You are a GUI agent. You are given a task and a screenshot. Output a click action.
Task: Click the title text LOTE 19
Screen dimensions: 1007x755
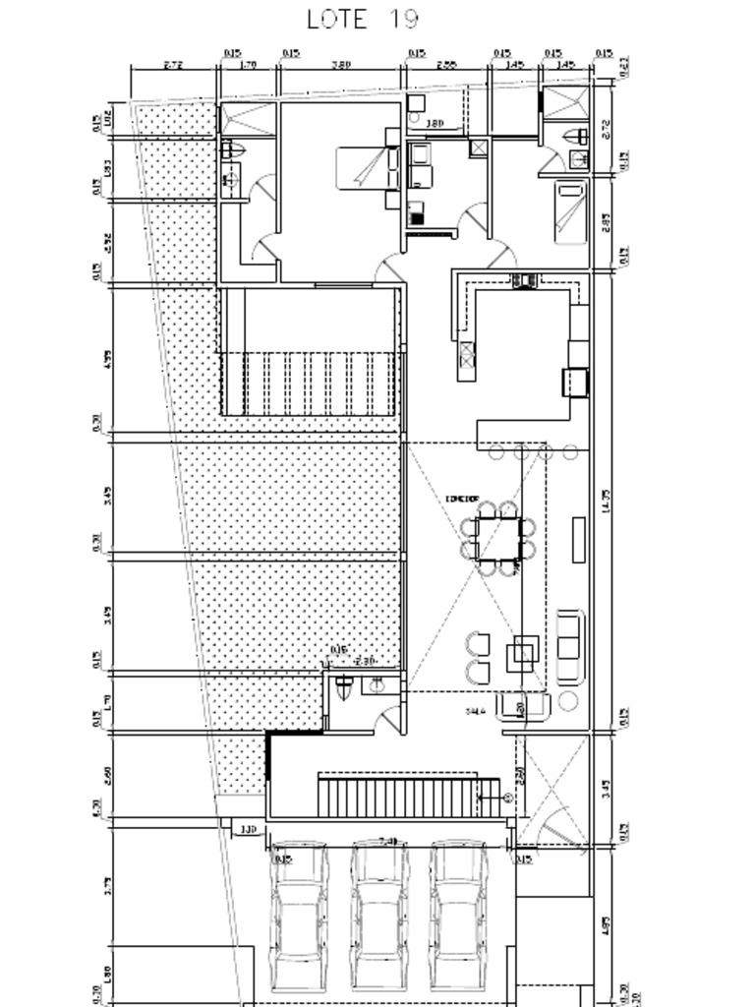363,19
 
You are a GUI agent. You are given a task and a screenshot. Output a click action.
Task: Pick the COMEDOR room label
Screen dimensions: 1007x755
461,499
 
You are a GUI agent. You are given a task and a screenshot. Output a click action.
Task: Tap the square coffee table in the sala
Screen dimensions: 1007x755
522,652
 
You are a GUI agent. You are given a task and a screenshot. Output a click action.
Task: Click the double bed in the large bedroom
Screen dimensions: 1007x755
369,167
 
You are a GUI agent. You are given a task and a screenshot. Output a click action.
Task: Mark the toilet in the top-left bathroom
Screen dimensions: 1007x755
233,150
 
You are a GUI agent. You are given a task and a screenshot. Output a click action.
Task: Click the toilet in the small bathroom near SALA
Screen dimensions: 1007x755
343,687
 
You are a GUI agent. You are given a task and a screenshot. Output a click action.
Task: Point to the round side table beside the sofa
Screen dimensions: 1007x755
569,701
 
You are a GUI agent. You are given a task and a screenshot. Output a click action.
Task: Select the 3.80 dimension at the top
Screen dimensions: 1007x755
341,65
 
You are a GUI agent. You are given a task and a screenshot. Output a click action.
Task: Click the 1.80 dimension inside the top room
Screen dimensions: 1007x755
435,123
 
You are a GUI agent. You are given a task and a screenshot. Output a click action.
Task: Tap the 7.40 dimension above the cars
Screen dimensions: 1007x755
389,842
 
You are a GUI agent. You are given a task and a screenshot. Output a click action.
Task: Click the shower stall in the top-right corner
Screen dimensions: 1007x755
564,104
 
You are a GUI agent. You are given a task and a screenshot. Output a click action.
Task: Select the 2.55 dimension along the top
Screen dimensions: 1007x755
447,65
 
